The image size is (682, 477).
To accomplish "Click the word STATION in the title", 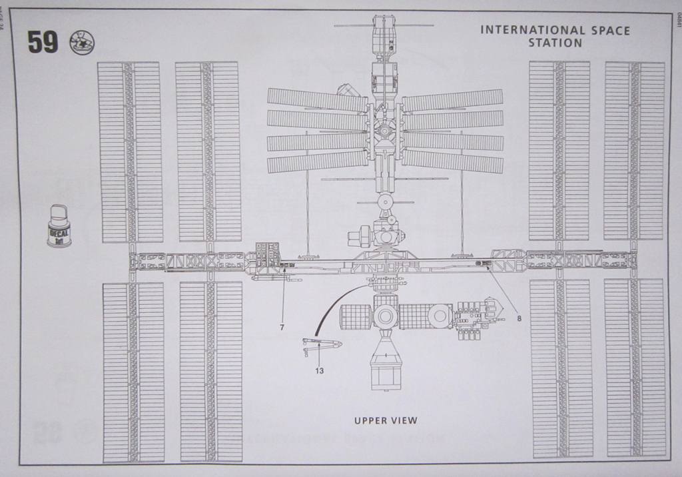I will point(555,43).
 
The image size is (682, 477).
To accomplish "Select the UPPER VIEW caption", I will point(386,420).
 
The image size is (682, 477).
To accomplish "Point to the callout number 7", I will point(282,328).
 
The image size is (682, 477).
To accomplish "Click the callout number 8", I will point(519,318).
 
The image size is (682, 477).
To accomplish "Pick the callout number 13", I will point(320,371).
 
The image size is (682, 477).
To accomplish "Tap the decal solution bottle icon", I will point(59,227).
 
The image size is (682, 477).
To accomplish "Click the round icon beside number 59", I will point(82,43).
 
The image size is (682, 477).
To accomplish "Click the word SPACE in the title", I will point(607,30).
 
